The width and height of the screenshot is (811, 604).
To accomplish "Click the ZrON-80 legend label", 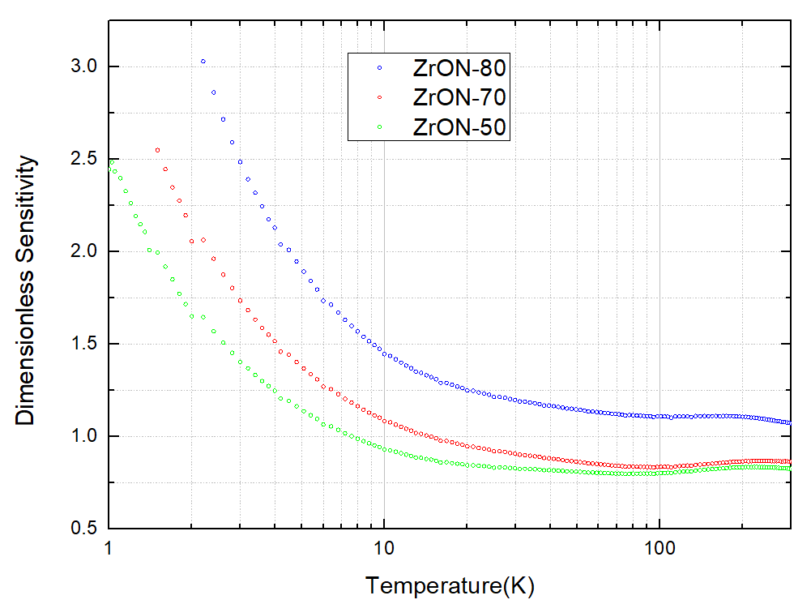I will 459,67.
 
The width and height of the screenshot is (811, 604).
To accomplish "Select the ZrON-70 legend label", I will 459,97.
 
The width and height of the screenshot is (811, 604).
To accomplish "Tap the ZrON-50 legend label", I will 459,127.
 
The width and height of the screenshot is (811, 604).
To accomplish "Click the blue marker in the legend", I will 379,67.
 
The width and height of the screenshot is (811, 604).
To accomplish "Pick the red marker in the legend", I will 379,97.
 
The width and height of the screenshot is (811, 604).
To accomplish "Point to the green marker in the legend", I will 379,127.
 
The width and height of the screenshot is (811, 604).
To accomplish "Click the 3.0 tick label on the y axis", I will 83,66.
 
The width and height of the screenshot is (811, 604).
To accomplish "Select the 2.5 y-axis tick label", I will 83,159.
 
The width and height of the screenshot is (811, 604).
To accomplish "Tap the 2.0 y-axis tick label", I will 83,251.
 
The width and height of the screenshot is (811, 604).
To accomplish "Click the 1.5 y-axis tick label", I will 83,344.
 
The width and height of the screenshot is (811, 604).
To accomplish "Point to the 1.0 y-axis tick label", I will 83,436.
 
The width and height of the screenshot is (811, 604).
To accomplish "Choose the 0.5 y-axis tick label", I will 83,529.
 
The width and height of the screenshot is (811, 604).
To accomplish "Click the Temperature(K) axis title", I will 450,585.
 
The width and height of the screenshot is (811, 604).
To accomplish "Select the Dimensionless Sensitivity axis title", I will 26,290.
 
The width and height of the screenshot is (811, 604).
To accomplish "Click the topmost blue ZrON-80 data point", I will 203,62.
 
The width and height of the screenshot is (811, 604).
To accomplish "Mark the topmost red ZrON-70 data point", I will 157,150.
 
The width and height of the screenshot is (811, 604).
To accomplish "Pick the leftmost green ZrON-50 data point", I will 111,163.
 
